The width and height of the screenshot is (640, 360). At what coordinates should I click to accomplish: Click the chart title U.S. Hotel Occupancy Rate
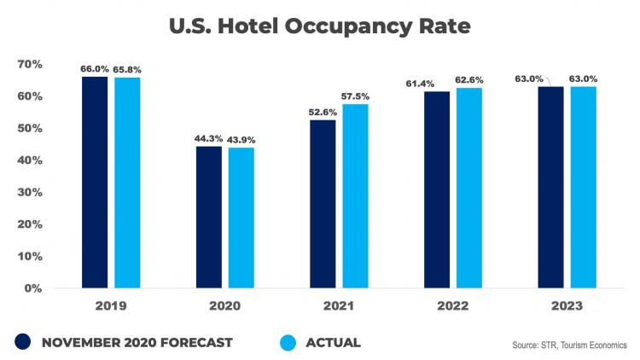tap(319, 26)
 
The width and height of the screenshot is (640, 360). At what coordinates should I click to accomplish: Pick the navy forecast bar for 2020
tap(209, 217)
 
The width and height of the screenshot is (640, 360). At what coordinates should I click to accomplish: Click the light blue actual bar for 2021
tap(355, 195)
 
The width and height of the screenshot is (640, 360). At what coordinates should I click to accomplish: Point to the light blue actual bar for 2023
tap(583, 187)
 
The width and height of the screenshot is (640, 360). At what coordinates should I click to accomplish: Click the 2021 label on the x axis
tap(339, 305)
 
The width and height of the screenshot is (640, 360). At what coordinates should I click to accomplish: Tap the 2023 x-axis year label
tap(567, 305)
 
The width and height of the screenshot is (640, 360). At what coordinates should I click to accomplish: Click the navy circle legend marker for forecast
tap(23, 343)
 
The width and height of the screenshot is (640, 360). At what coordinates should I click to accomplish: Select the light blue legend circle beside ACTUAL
tap(290, 343)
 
